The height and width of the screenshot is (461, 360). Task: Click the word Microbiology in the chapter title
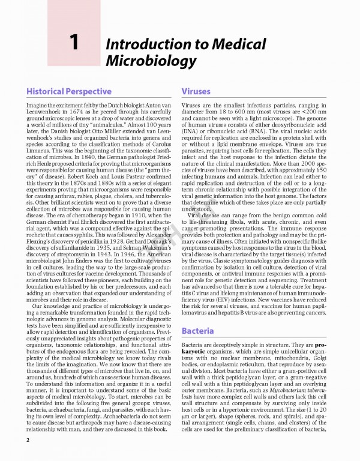pyautogui.click(x=151, y=61)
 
